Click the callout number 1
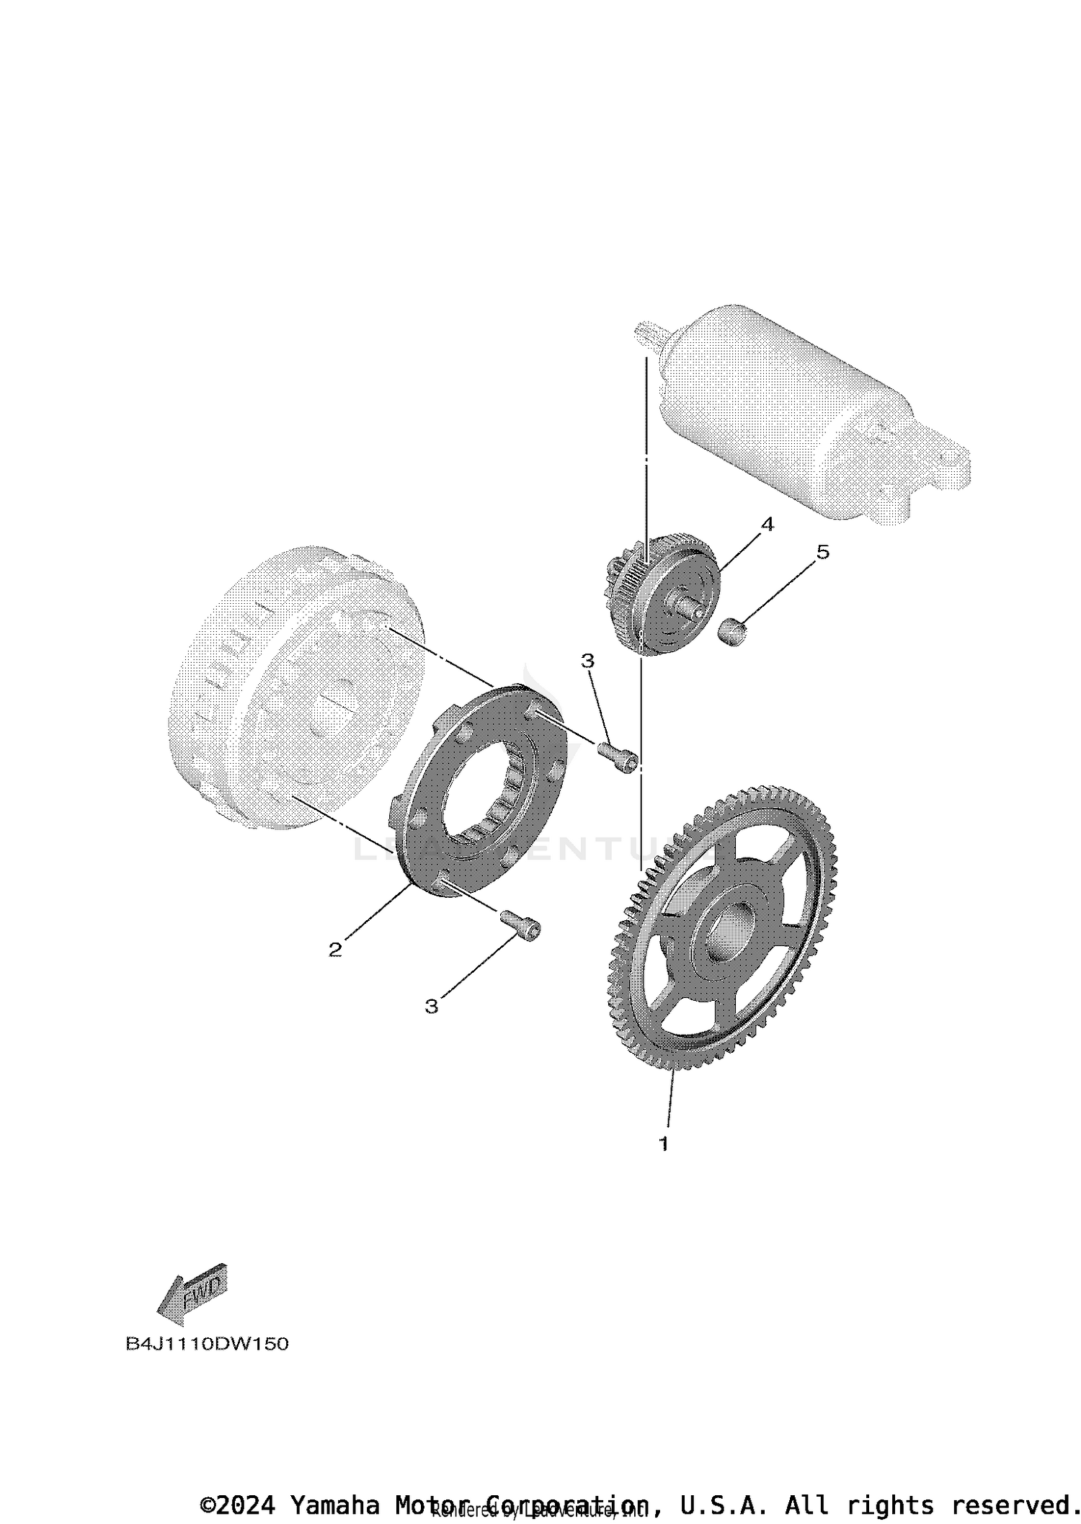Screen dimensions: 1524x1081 663,1144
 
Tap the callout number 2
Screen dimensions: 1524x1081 334,950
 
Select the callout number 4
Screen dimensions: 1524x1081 767,525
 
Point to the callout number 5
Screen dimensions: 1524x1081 822,552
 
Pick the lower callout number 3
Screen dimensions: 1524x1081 431,1006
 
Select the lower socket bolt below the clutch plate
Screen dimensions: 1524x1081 520,924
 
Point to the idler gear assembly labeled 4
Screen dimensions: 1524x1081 663,594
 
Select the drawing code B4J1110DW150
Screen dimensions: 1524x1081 207,1345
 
